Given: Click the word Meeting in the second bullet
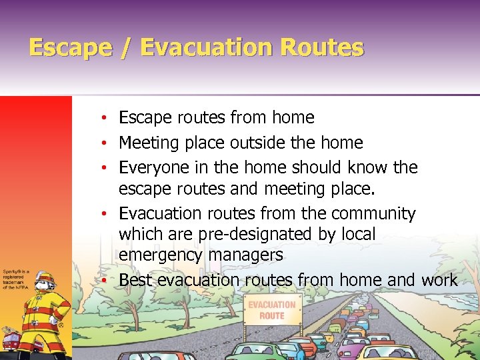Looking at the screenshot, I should click(x=148, y=143).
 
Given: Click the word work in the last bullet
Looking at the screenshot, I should click(x=439, y=279).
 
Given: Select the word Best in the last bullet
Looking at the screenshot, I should click(x=136, y=279).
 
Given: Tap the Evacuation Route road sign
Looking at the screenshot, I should click(x=271, y=309).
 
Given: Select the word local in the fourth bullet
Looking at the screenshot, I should click(x=357, y=235).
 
